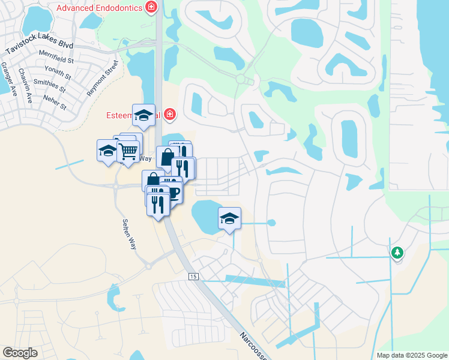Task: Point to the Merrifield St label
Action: [x=56, y=60]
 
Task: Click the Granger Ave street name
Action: [x=8, y=76]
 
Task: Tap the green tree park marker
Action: [x=397, y=253]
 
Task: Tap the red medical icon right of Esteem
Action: [x=170, y=113]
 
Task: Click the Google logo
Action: [x=20, y=353]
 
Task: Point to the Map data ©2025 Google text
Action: [x=411, y=355]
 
